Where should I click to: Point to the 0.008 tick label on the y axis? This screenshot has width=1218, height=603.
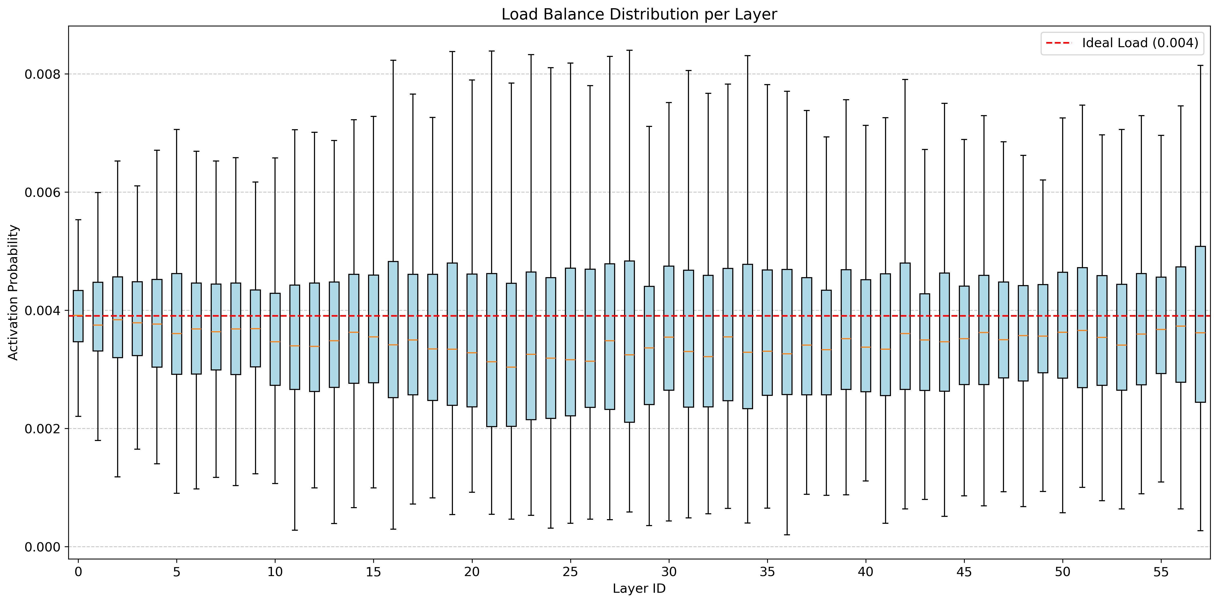coord(43,74)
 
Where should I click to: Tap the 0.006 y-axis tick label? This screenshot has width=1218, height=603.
coord(43,193)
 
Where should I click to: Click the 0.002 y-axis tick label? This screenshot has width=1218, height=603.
coord(43,429)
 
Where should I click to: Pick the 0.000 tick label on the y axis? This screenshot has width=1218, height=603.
coord(43,547)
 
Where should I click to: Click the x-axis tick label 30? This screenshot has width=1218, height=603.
coord(668,572)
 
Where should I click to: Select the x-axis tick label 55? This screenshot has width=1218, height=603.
coord(1161,572)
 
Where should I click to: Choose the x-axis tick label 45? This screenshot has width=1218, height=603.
coord(964,572)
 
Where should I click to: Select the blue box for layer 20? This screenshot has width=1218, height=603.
coord(472,340)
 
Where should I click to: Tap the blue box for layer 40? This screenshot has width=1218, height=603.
coord(866,336)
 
